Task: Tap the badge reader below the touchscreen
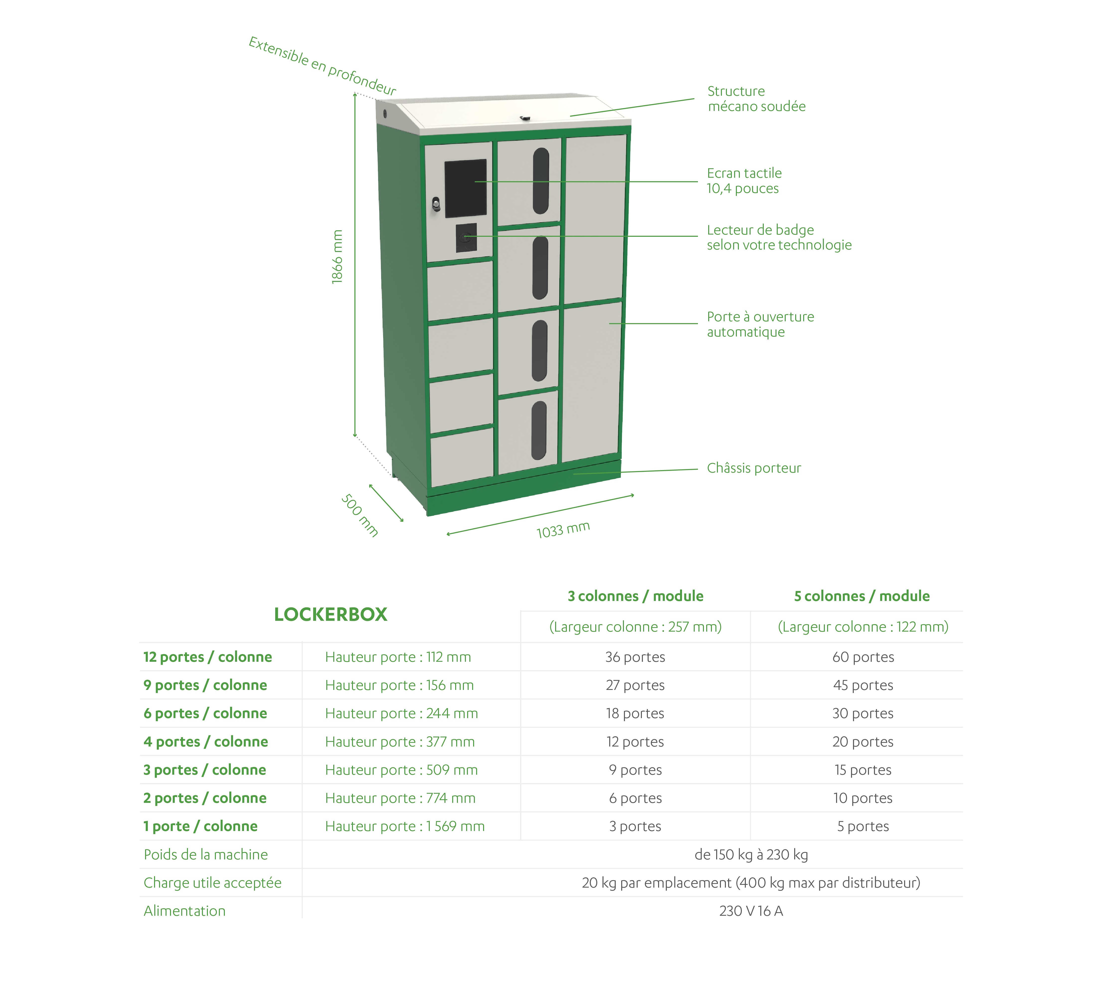(x=466, y=237)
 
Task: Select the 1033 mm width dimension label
(x=563, y=530)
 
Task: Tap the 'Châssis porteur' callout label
(x=754, y=468)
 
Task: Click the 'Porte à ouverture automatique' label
(x=761, y=324)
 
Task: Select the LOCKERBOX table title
(x=331, y=614)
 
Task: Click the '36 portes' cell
(x=635, y=657)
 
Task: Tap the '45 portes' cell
(x=863, y=685)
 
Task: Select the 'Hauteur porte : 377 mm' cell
(x=400, y=742)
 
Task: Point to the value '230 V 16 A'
(x=751, y=911)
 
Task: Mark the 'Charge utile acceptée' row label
(x=213, y=883)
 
